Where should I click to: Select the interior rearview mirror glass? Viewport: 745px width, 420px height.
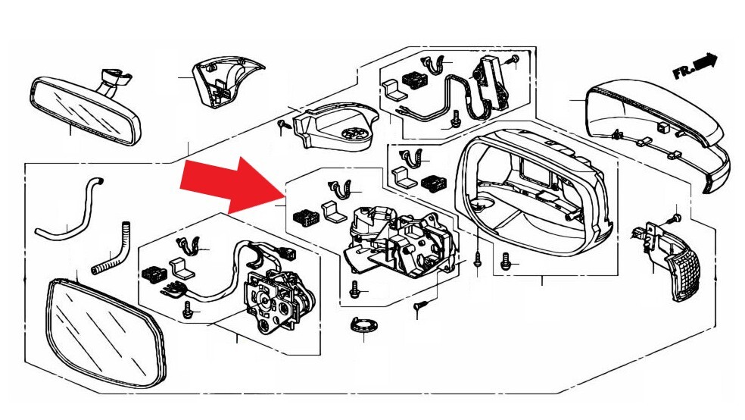86,111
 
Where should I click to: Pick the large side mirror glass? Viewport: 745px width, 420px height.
105,333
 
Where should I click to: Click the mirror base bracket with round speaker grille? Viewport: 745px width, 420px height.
335,125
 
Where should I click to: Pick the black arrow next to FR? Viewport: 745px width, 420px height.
706,61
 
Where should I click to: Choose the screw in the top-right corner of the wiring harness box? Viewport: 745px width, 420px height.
513,61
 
